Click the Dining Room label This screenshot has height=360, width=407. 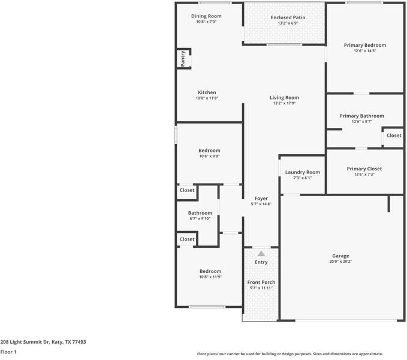(x=206, y=16)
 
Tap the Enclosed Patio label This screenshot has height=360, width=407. (x=288, y=17)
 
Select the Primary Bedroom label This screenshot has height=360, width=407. (x=364, y=45)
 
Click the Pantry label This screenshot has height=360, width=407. (x=183, y=59)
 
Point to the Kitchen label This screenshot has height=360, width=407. (x=207, y=92)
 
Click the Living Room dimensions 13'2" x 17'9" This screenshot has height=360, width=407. (x=284, y=103)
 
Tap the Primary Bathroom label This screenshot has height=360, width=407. (x=361, y=116)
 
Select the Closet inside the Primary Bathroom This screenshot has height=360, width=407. (x=394, y=136)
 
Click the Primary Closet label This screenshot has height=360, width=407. (x=364, y=169)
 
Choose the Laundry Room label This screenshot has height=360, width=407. (x=302, y=172)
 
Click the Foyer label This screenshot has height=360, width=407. (x=261, y=198)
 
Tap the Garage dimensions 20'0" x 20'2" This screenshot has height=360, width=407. (x=340, y=262)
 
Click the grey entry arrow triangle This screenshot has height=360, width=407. (x=261, y=254)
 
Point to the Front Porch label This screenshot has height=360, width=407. (x=261, y=282)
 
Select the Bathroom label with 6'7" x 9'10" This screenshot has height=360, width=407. (x=200, y=213)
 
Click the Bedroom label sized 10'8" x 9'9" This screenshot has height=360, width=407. (x=209, y=151)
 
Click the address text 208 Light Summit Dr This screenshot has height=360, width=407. (x=43, y=342)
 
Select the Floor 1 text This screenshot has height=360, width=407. (x=8, y=352)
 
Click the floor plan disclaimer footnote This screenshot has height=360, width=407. (x=290, y=354)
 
